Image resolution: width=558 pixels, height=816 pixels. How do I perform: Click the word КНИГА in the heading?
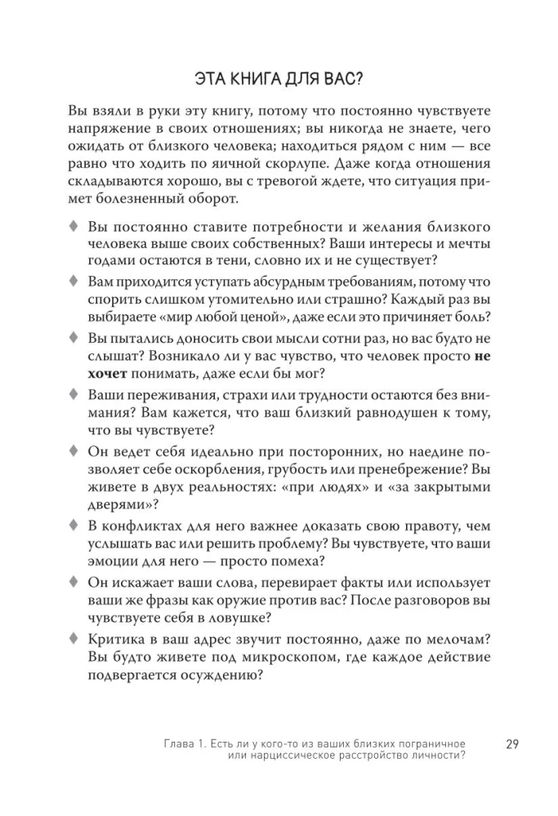[251, 79]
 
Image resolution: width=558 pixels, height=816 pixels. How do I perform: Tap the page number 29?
[513, 743]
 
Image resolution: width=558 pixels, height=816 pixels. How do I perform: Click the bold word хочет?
[107, 374]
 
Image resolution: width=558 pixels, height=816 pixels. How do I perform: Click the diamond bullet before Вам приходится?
[74, 282]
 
